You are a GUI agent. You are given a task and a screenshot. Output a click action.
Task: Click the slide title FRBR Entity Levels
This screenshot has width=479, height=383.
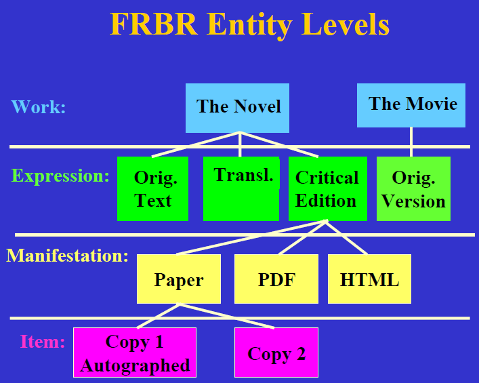coord(249,25)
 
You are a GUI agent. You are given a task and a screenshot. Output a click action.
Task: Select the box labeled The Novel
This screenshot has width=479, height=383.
coord(237,108)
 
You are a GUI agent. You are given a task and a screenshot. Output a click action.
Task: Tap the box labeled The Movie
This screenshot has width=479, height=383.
coord(411,105)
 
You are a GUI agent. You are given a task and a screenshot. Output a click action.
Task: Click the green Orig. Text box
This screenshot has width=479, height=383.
coord(152,189)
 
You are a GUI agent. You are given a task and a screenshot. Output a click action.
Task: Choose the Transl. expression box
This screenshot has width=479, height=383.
coord(241,188)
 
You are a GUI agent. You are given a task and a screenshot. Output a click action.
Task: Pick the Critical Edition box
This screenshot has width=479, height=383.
coord(327,189)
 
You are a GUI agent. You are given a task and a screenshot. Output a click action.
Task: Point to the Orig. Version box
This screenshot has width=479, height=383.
coord(413,189)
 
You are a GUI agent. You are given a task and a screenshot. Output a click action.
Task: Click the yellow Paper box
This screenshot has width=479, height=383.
coord(178,279)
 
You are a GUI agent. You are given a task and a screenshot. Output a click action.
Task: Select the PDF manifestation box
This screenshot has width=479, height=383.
coord(276,279)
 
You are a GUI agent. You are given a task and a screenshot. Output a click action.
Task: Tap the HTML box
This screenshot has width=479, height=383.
coord(369,279)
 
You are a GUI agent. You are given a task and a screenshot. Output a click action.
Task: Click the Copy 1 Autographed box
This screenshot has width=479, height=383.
coord(135,352)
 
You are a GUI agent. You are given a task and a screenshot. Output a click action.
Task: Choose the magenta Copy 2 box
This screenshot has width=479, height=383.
coord(276,352)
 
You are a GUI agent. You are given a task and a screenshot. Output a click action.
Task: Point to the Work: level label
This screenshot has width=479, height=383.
coord(39,107)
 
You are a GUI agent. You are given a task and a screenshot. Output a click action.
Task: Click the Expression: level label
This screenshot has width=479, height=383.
coord(60,176)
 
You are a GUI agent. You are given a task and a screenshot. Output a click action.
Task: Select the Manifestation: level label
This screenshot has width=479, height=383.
coord(67,256)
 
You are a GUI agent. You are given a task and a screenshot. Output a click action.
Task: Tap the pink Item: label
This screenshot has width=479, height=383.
coord(42,342)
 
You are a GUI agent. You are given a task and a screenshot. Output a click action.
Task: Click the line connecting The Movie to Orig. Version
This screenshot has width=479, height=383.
coord(411,142)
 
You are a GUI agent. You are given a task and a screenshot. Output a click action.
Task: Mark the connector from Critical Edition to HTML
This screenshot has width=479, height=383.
coord(347,237)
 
